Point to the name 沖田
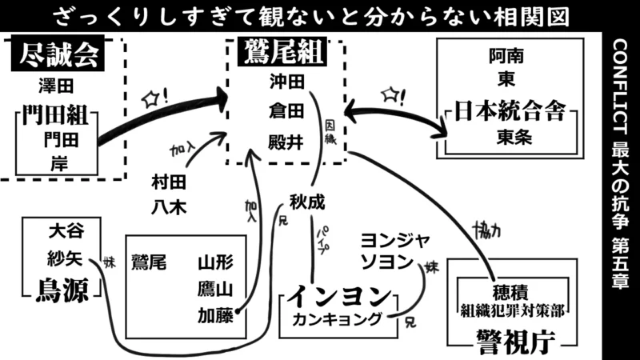tap(286, 82)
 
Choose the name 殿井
tap(286, 142)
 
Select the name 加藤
tap(216, 315)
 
